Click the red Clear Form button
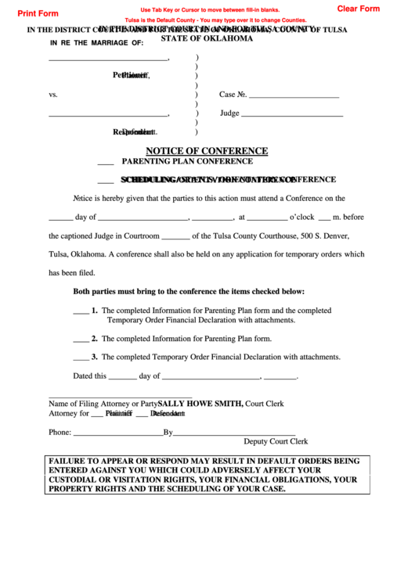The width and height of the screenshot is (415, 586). point(358,9)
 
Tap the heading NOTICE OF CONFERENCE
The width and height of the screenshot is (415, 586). point(207,151)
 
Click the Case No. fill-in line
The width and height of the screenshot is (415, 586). point(294,95)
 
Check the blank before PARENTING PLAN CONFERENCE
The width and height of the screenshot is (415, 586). point(106,162)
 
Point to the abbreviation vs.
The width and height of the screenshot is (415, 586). point(53,95)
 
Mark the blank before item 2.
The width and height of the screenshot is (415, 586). point(81,339)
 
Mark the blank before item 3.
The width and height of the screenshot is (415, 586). point(81,357)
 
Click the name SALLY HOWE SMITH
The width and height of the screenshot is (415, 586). point(200,404)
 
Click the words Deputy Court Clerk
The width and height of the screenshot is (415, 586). point(276,442)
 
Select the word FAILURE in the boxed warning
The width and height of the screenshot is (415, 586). point(72,461)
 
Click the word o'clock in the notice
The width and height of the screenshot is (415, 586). point(301,218)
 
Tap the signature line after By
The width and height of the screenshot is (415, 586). point(234,432)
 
